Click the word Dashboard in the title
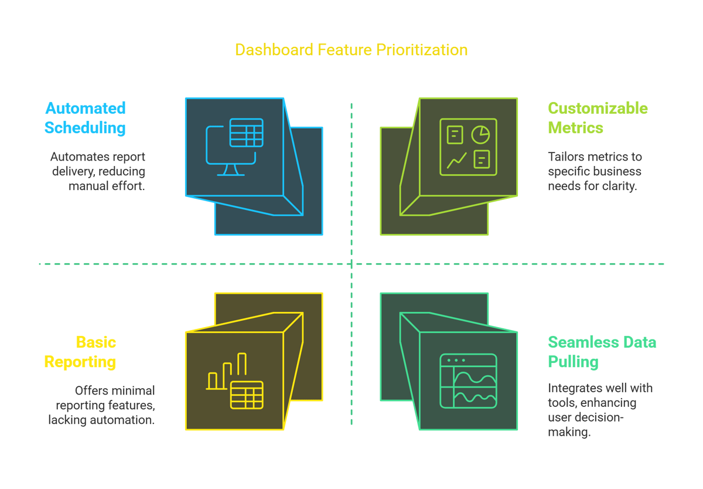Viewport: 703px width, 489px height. tap(274, 50)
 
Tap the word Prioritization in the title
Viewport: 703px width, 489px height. tap(422, 50)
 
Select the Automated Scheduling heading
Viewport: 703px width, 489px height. tap(85, 118)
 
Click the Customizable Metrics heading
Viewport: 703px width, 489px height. tap(598, 118)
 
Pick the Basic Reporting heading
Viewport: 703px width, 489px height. tap(80, 352)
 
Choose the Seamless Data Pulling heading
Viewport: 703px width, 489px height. tap(602, 352)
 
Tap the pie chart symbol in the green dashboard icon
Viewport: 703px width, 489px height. tap(480, 135)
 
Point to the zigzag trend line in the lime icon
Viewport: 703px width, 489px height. tap(456, 161)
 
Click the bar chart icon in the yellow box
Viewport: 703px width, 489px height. tap(227, 372)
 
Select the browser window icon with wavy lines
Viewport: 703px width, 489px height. tap(468, 381)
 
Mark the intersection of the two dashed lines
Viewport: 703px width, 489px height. tap(351, 264)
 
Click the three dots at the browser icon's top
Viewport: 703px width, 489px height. tap(456, 360)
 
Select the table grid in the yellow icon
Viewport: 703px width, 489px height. tap(247, 395)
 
